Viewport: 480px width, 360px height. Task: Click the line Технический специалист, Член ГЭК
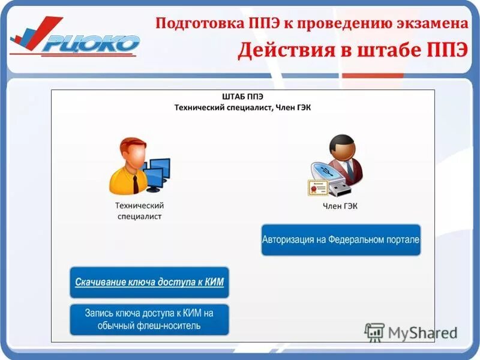pos(242,107)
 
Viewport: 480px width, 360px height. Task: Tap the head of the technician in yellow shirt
pos(134,153)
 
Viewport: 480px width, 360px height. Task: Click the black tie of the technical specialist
pos(136,183)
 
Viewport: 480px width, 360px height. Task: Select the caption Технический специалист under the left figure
pos(139,210)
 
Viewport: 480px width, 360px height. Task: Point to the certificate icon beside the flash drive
pos(319,188)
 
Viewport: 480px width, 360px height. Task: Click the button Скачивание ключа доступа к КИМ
pos(149,282)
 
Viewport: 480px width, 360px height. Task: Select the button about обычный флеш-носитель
pos(149,319)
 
